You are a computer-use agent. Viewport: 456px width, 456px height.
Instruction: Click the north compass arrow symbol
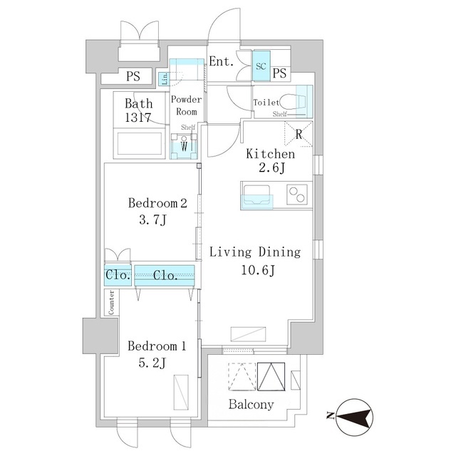click(354, 417)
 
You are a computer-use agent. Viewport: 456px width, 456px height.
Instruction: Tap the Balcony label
click(251, 405)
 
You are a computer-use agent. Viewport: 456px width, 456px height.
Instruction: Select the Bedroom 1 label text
click(157, 346)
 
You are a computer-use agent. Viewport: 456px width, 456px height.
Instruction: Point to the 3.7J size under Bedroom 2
click(152, 220)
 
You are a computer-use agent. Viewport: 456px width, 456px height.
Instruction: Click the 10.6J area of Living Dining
click(258, 271)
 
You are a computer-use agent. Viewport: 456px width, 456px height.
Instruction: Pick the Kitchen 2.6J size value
click(271, 168)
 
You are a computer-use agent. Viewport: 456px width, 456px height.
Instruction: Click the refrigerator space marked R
click(299, 134)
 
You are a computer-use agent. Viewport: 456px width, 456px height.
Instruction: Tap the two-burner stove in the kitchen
click(297, 195)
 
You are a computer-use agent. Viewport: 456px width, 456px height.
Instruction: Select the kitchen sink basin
click(256, 195)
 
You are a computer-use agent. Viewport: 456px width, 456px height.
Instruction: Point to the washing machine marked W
click(184, 146)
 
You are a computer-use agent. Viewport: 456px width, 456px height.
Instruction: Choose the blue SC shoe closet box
click(261, 66)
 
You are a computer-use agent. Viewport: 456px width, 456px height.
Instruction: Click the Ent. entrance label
click(222, 61)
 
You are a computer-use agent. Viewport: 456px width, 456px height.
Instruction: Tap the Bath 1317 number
click(138, 118)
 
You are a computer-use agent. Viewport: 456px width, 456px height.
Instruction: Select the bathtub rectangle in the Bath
click(140, 144)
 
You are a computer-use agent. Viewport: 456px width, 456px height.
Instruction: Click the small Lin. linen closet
click(165, 79)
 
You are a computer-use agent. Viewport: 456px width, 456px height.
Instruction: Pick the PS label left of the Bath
click(133, 76)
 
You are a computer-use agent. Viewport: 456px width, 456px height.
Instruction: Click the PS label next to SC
click(279, 73)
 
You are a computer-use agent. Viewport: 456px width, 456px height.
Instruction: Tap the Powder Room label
click(186, 105)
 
